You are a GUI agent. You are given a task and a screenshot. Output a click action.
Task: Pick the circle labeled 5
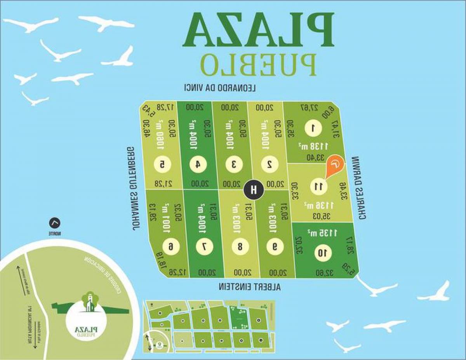pyautogui.click(x=162, y=164)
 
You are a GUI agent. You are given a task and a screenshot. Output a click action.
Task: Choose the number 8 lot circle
pyautogui.click(x=240, y=246)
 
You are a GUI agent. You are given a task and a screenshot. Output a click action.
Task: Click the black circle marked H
pyautogui.click(x=254, y=190)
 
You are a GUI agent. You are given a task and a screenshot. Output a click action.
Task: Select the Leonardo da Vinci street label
pyautogui.click(x=220, y=88)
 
